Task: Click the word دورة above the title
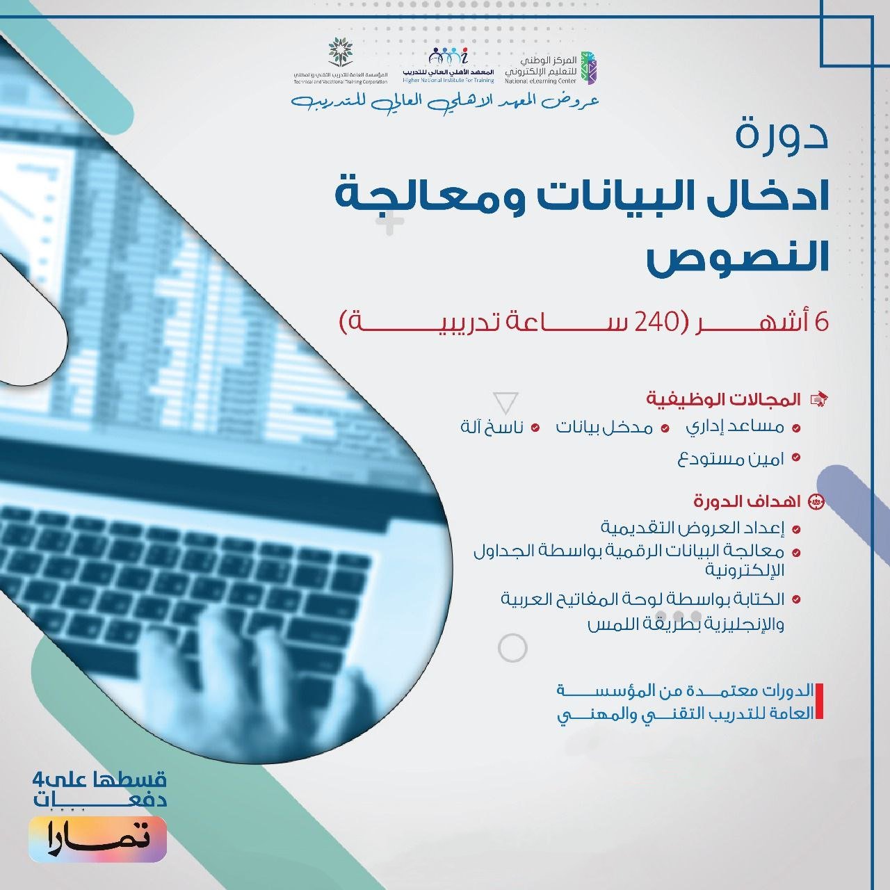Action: (x=782, y=134)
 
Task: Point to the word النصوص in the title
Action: (x=738, y=257)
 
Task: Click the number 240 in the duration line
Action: (x=654, y=323)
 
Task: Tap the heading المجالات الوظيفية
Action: (x=724, y=399)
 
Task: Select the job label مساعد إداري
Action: (x=735, y=427)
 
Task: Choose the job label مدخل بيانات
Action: (x=604, y=427)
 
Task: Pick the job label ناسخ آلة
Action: (x=492, y=427)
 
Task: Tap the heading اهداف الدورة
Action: (x=747, y=501)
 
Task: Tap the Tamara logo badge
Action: (x=97, y=839)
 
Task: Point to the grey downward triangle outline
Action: (x=505, y=403)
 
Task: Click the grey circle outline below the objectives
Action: (x=513, y=648)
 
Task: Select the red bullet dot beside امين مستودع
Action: (x=796, y=458)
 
